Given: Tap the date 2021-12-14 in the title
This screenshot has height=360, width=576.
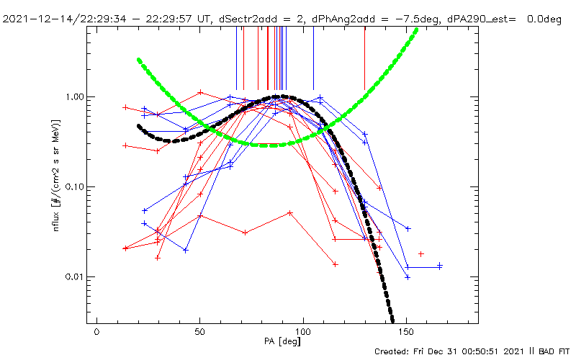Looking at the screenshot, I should [x=36, y=7].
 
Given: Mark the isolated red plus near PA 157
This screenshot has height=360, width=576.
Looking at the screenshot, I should [x=421, y=253].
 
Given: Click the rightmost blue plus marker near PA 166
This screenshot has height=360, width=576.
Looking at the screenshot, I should [x=440, y=265].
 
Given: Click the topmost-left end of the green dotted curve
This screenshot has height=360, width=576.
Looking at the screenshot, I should [x=138, y=60].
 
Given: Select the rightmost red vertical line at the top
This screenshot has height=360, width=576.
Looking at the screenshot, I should [x=365, y=61].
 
